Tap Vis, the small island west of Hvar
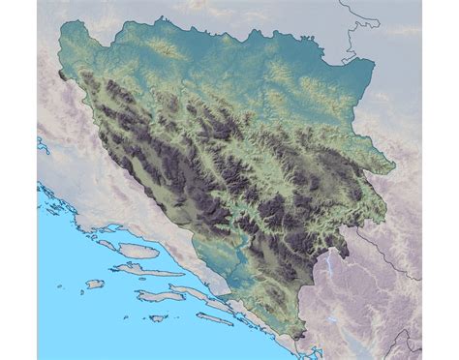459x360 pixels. pos(94,284)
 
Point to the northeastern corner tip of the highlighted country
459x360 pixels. pos(373,63)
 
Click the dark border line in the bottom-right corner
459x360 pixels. pos(407,344)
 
